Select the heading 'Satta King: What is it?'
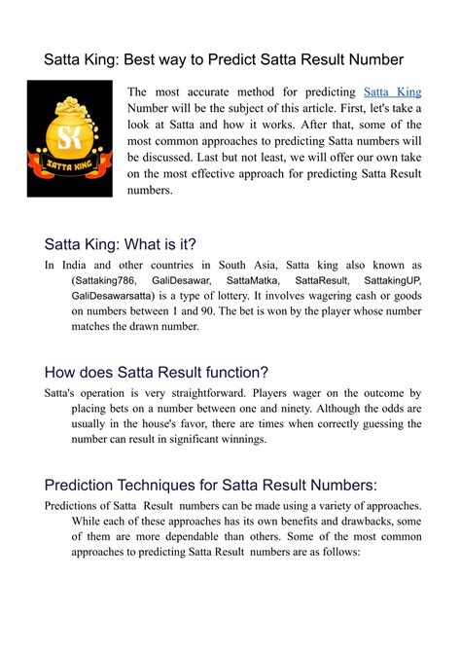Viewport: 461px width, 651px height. click(121, 244)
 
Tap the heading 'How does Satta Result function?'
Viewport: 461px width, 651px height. click(157, 372)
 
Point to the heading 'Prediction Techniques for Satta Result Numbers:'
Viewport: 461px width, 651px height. click(211, 485)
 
